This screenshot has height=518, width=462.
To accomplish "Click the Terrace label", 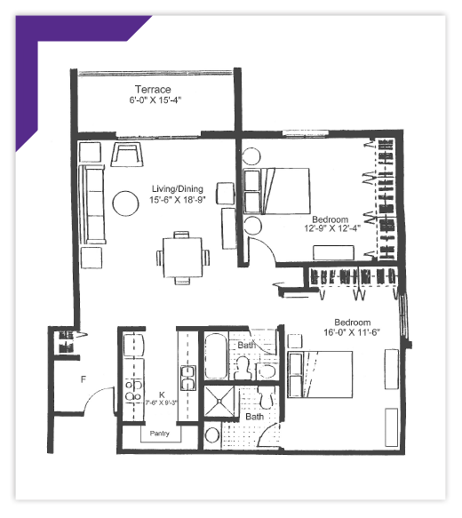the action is click(153, 89).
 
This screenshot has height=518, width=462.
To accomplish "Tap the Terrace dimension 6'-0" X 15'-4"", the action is click(155, 100).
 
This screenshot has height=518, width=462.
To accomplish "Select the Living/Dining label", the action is click(178, 189).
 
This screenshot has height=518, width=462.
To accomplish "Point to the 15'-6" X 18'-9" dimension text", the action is click(178, 200).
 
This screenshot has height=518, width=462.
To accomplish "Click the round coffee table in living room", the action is click(125, 203).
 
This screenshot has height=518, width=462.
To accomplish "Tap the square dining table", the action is click(182, 258).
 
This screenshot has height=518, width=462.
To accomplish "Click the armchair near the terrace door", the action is click(127, 154).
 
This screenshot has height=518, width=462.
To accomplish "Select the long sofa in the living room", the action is click(92, 204).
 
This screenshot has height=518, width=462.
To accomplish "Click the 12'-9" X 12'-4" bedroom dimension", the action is click(332, 228).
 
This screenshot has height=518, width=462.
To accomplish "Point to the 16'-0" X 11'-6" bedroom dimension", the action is click(352, 332).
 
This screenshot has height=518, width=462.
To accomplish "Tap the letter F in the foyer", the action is click(84, 379).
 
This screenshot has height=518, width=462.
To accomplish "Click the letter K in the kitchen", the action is click(162, 394).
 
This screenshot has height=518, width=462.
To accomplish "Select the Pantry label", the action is click(160, 433).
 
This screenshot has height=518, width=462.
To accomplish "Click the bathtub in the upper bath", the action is click(216, 355).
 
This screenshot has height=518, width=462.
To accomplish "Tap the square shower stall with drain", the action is click(219, 401).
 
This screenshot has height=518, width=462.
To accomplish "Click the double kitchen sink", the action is click(187, 378).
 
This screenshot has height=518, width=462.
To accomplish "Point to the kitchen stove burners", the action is click(133, 390).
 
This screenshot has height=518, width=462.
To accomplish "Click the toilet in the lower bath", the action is click(267, 397).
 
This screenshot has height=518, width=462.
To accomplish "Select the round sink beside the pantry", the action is click(212, 435).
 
